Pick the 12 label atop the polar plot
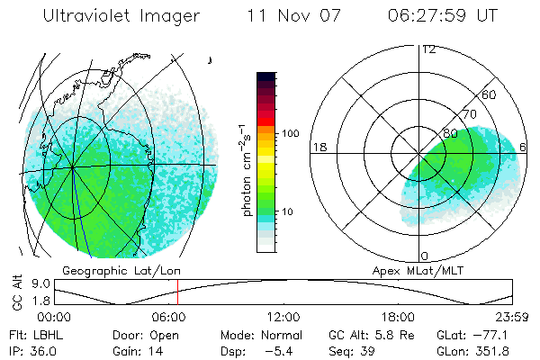click(x=429, y=49)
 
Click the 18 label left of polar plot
click(x=319, y=147)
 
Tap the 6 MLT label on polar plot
click(x=523, y=147)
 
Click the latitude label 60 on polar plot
click(x=490, y=94)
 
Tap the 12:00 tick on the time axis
click(x=283, y=317)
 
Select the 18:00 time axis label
click(x=398, y=317)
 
